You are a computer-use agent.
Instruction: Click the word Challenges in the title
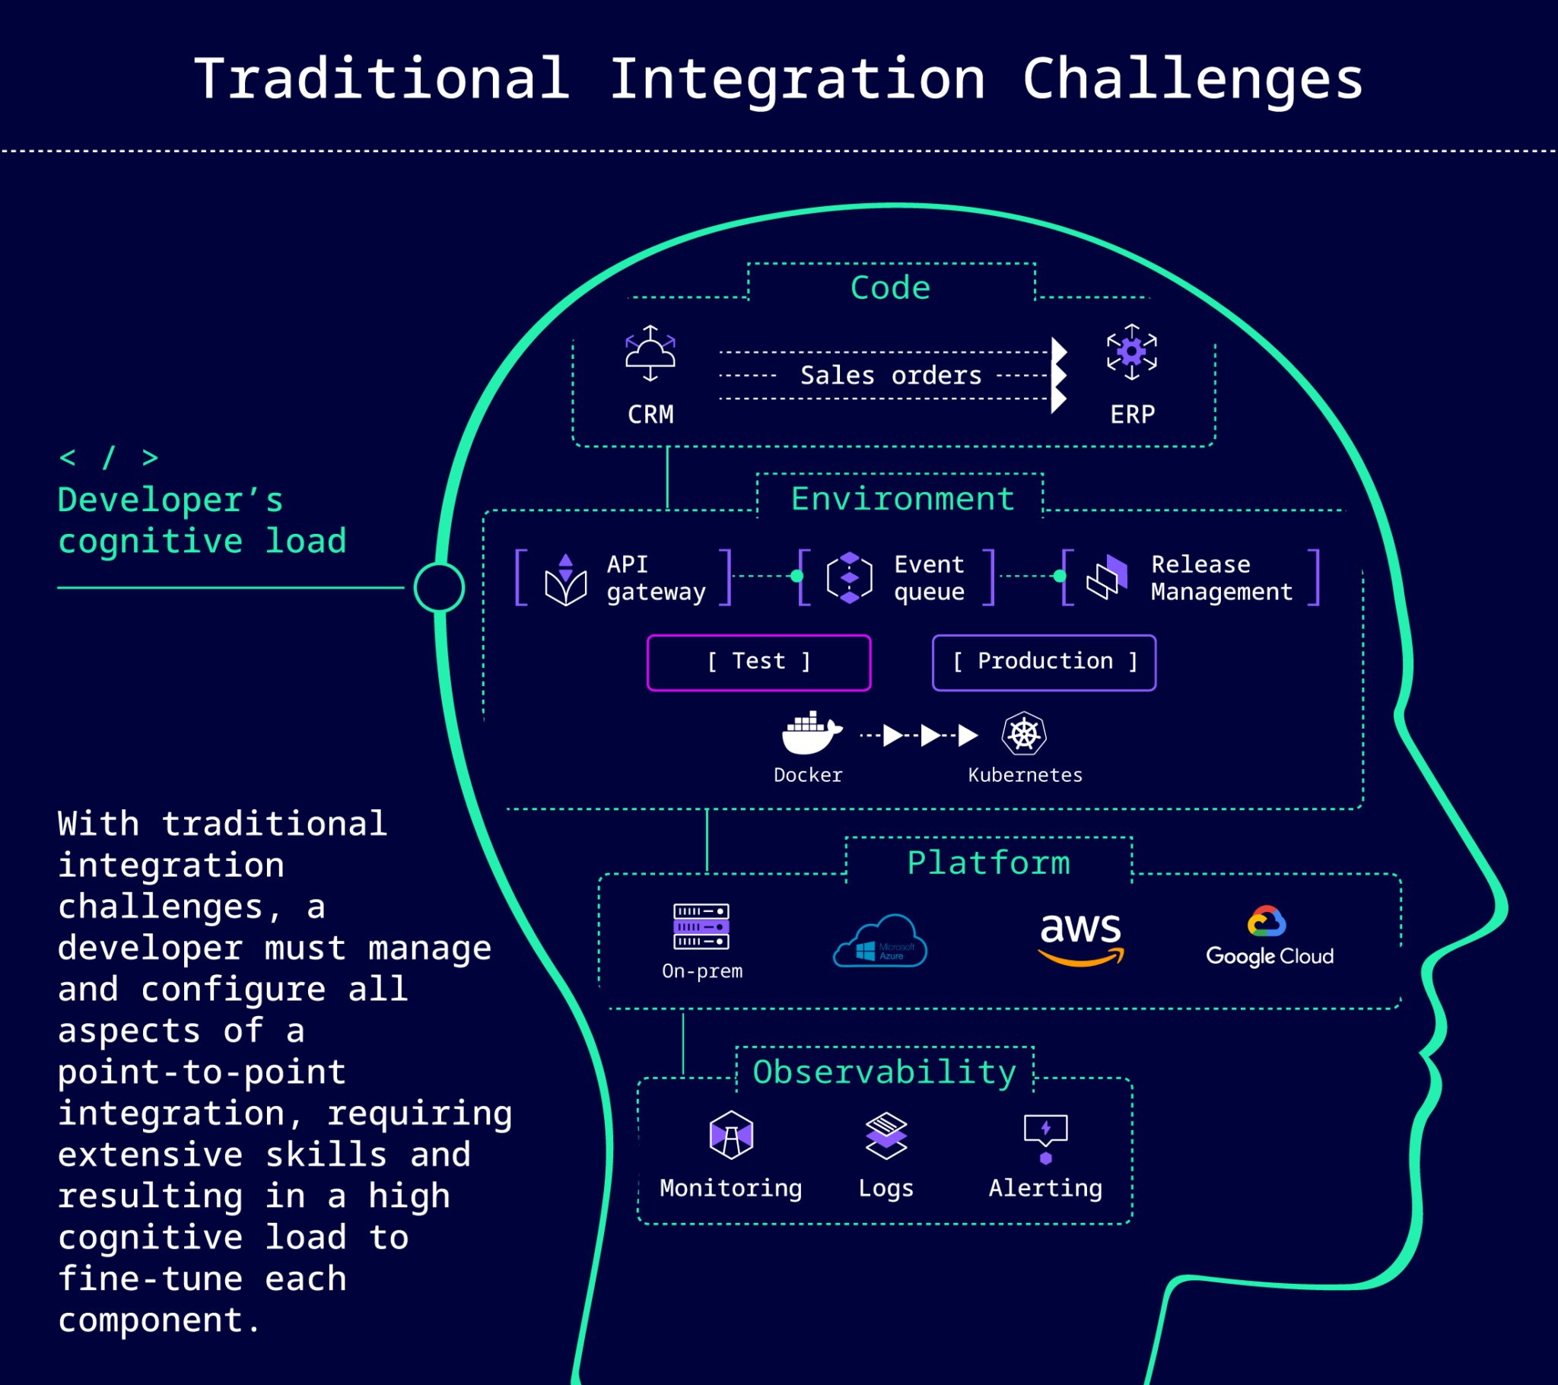click(1192, 79)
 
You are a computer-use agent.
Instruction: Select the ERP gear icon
click(1132, 352)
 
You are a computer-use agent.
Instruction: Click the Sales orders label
click(890, 375)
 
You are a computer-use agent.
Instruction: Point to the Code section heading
click(890, 288)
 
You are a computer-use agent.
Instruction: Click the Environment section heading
click(902, 499)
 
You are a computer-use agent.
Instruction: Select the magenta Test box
click(758, 662)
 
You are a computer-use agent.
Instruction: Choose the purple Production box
click(1044, 662)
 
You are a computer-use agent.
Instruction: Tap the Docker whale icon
click(811, 733)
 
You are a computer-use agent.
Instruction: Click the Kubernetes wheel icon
click(1024, 734)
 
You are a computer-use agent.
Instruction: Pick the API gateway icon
click(565, 580)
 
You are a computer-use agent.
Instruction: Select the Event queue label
click(929, 578)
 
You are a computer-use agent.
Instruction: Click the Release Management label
click(1221, 578)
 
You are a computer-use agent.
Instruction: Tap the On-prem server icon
click(701, 926)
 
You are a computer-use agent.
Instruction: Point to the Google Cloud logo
click(1269, 936)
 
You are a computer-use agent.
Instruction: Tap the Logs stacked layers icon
click(886, 1136)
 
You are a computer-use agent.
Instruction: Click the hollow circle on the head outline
click(439, 587)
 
